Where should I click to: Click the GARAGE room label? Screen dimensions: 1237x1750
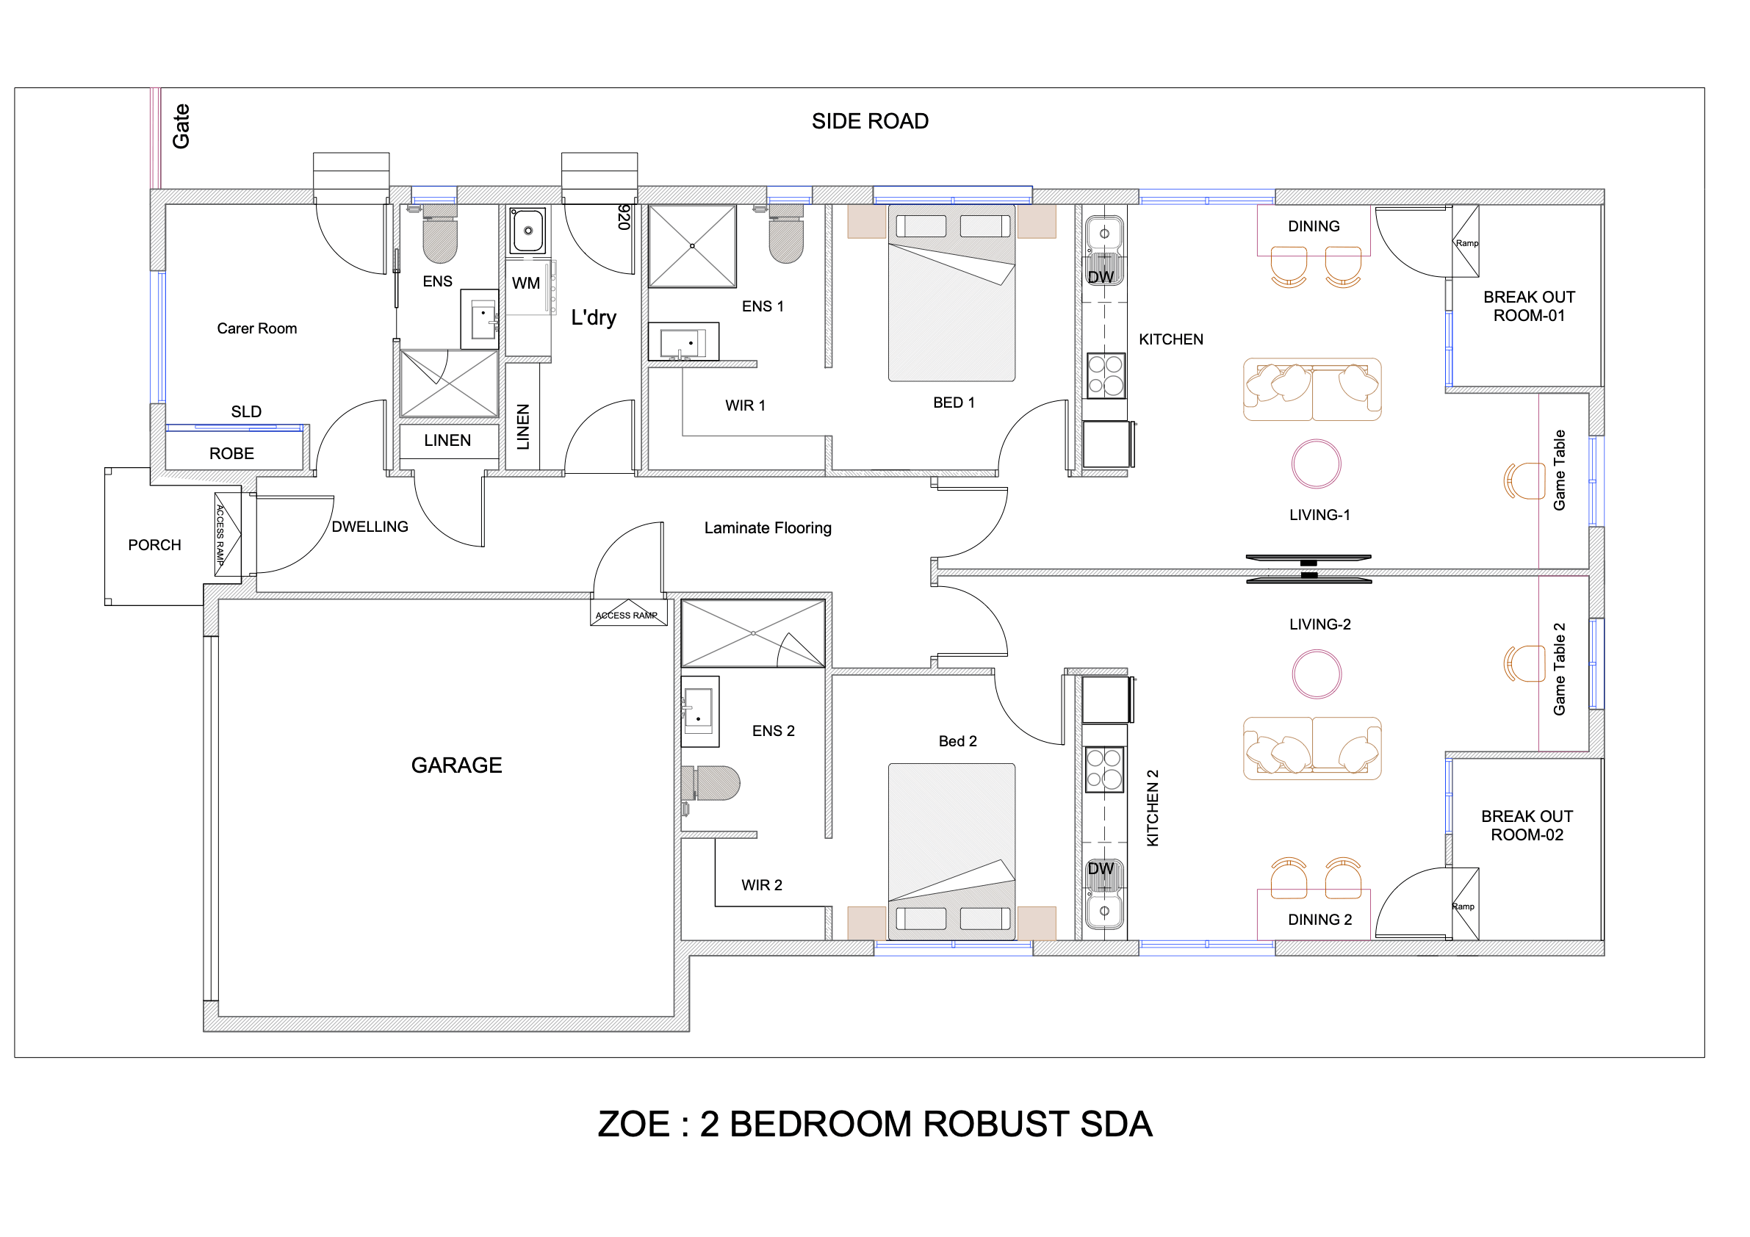456,765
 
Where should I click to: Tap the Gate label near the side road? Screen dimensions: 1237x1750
181,126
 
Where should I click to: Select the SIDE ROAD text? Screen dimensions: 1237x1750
870,121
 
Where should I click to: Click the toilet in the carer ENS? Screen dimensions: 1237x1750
440,236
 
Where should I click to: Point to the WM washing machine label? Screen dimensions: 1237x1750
526,284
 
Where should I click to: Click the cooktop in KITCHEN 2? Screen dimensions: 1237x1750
1103,769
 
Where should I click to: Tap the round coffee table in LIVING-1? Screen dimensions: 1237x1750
1316,464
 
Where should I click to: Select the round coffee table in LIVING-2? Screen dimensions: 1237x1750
1317,674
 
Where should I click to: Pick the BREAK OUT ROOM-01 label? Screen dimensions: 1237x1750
1528,306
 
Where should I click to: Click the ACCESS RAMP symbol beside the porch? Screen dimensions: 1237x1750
227,533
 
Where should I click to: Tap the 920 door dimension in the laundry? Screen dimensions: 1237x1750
624,217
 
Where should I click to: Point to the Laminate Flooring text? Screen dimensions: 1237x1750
768,528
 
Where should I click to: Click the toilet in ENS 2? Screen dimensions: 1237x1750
715,783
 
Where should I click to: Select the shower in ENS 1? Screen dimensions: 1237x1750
692,246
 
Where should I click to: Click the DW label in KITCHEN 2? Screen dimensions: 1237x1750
1100,869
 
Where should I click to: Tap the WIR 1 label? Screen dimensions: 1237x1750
745,405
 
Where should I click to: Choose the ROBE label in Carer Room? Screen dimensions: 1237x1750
231,454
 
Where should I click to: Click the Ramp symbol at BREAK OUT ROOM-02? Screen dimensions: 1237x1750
1464,905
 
